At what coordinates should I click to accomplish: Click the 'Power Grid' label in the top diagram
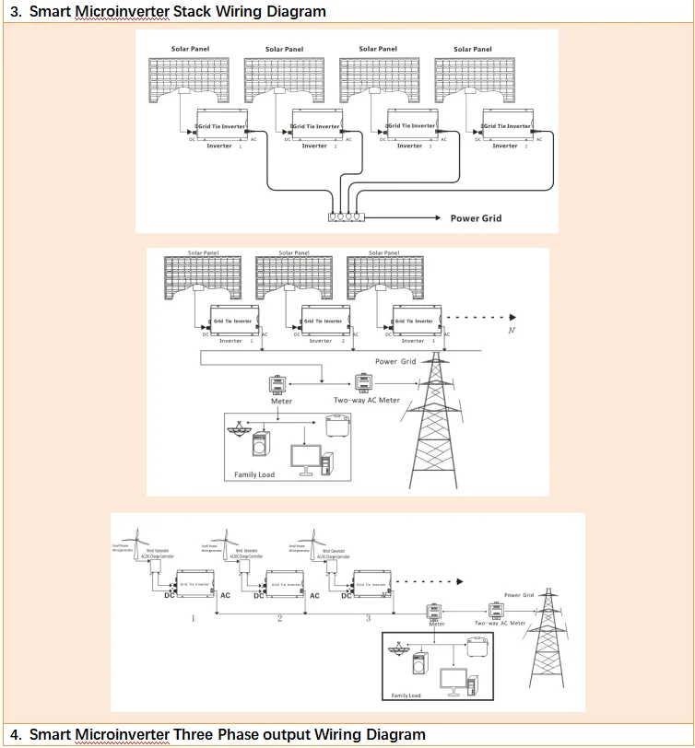click(477, 218)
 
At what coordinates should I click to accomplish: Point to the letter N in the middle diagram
click(512, 329)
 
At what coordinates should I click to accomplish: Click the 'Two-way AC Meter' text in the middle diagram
click(367, 401)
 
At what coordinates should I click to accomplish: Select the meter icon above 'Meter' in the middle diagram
click(277, 384)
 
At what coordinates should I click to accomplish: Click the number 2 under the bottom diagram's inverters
click(279, 618)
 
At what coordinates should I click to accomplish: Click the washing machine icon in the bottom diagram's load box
click(420, 661)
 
